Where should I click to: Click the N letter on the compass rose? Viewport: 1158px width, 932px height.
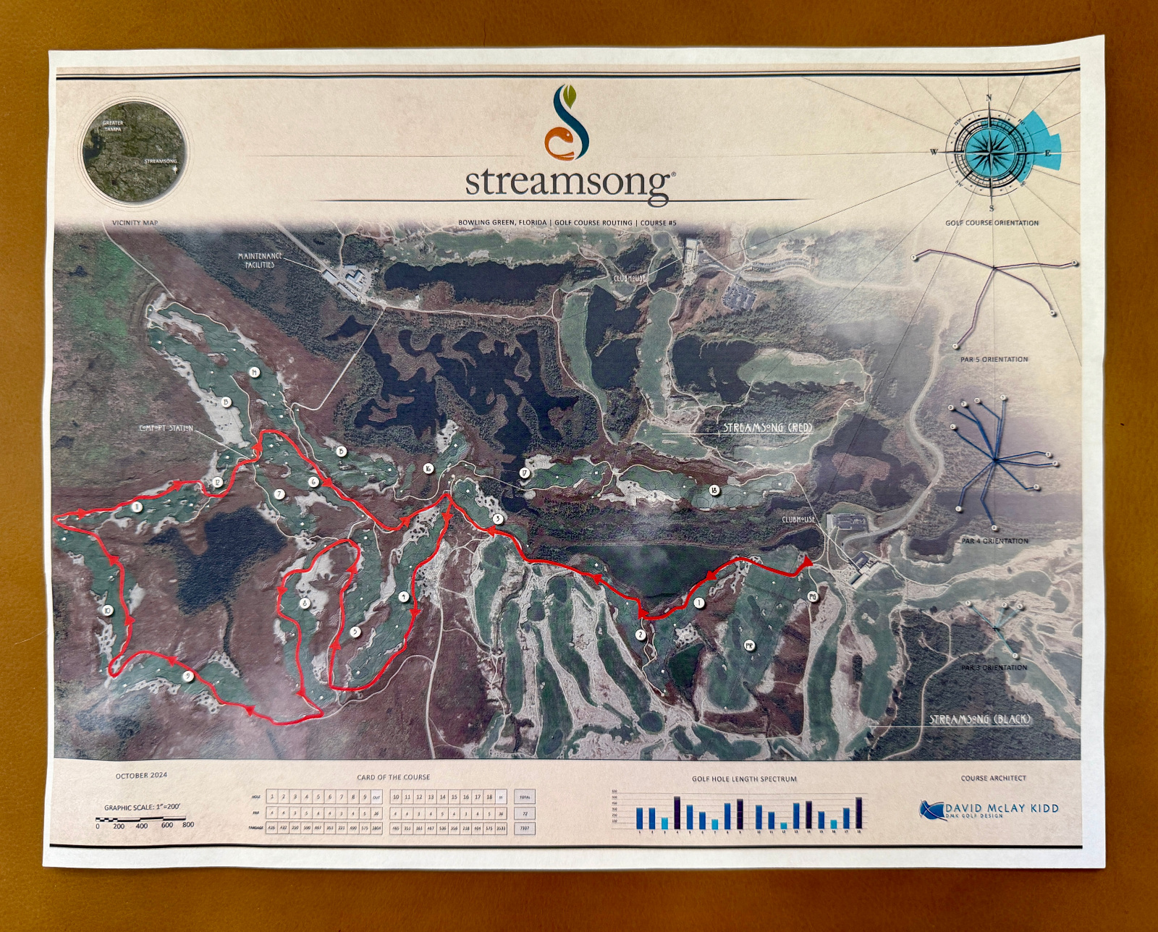coord(989,98)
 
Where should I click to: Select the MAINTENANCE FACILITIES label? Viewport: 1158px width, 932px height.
coord(260,260)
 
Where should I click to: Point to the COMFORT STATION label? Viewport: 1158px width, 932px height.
coord(166,428)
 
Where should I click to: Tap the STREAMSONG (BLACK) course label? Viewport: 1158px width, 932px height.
coord(980,719)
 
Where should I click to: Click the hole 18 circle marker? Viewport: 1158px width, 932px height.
coord(714,491)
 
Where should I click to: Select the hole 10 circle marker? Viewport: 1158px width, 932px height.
coord(108,611)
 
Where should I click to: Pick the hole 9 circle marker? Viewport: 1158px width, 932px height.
coord(188,676)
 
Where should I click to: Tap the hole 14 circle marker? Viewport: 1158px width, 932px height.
coord(254,373)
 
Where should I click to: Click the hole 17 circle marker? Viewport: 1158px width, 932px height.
coord(525,473)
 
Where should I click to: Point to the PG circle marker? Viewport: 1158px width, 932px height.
coord(812,596)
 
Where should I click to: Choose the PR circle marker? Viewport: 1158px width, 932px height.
coord(749,645)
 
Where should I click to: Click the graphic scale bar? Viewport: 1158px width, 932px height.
coord(145,820)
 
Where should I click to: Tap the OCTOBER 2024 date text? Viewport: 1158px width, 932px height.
coord(141,776)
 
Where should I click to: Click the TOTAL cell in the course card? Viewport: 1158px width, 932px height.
coord(525,797)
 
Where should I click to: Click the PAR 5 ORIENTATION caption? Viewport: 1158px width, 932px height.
coord(994,360)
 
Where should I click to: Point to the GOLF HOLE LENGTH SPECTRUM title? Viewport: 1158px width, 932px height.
coord(744,779)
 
